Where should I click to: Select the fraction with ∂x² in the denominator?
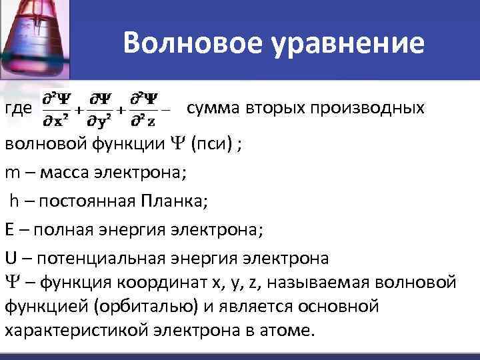(57, 109)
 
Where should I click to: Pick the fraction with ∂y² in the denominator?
(101, 109)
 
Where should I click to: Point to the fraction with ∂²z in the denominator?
(144, 109)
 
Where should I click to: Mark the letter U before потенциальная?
(10, 258)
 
